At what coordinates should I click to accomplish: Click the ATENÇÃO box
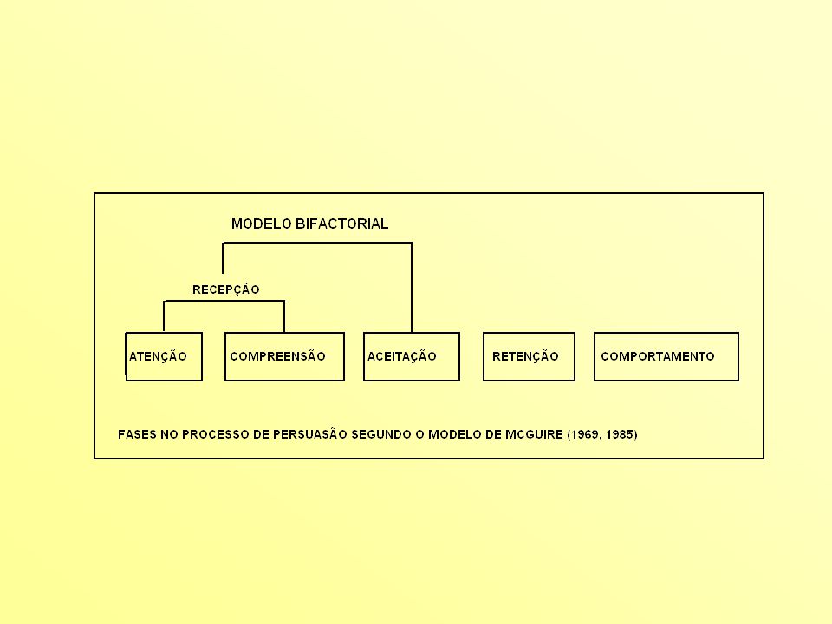164,356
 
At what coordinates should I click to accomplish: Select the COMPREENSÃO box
284,356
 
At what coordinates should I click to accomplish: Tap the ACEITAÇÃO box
411,356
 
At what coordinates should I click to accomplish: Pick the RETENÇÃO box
529,356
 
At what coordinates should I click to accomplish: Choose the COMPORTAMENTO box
666,356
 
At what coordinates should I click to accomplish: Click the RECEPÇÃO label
226,289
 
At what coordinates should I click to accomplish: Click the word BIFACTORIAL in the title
341,224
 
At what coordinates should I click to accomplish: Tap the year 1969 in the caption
585,434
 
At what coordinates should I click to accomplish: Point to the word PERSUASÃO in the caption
309,434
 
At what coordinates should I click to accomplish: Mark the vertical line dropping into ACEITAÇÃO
412,288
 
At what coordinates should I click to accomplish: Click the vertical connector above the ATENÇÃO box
164,316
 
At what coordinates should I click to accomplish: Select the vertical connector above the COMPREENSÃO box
284,316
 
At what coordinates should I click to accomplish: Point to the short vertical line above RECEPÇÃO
223,258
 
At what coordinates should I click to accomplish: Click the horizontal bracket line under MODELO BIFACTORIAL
317,243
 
